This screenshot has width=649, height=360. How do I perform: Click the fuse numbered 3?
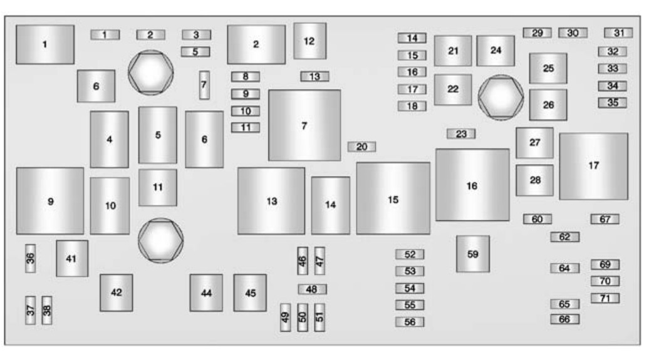[x=196, y=35]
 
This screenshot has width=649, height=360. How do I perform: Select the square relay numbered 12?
[x=309, y=41]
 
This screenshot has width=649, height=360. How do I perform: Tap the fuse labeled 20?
[x=361, y=147]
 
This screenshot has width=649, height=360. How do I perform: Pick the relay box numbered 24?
[x=496, y=51]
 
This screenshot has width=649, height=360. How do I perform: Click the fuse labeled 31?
[x=618, y=33]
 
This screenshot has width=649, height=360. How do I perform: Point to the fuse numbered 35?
[x=612, y=103]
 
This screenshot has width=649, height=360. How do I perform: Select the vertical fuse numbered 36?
[x=30, y=259]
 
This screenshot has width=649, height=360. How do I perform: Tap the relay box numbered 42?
[x=117, y=292]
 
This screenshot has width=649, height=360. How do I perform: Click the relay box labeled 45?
[x=250, y=292]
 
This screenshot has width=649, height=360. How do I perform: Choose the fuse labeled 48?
[x=312, y=289]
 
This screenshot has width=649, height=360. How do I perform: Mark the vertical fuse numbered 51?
[x=319, y=317]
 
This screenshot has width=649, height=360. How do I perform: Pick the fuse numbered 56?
[x=410, y=322]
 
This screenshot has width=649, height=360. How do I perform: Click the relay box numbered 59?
[x=473, y=254]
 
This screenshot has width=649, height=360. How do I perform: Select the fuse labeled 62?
[x=564, y=237]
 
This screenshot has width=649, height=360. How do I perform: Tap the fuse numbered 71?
[x=605, y=298]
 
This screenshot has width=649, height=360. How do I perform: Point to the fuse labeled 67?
[x=605, y=219]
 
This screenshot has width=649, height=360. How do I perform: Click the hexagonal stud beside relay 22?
[x=501, y=98]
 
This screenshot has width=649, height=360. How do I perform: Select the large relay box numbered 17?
[x=593, y=167]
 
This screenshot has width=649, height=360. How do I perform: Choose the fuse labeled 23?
[x=461, y=133]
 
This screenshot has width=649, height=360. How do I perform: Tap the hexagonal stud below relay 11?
[x=160, y=240]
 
